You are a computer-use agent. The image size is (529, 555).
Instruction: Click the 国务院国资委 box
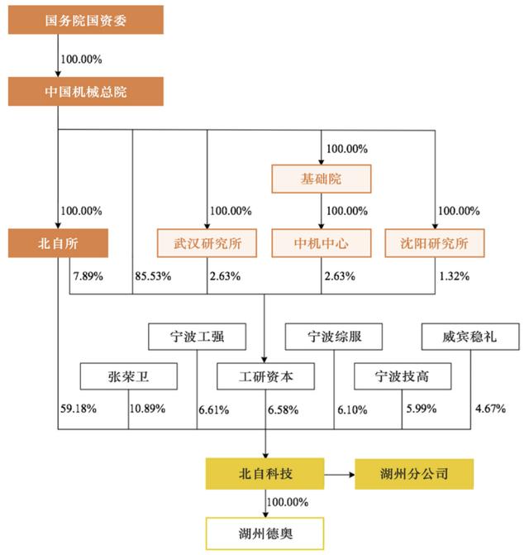point(86,20)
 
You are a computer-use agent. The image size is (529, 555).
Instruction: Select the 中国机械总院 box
point(86,92)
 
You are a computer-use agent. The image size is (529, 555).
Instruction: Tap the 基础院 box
point(322,179)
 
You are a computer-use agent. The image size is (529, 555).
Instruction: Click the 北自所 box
point(58,243)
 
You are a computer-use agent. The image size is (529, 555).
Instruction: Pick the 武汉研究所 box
point(207,243)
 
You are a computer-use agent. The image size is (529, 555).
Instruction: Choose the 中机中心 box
point(322,243)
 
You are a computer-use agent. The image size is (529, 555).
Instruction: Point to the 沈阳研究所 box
point(435,243)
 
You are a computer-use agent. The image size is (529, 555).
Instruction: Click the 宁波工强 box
point(197,337)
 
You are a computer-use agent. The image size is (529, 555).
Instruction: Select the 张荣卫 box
point(129,376)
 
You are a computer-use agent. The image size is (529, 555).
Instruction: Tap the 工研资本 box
point(265,376)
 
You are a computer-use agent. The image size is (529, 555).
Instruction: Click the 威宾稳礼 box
point(470,337)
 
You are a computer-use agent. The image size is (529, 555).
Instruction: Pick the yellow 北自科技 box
point(264,474)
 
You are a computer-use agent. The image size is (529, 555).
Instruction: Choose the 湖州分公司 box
point(414,474)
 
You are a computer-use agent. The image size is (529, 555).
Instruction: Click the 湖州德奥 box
point(264,533)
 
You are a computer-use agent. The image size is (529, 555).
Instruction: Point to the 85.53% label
point(153,276)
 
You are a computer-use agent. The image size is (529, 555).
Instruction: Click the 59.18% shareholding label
point(79,409)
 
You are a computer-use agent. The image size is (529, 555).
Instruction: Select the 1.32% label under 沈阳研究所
point(455,276)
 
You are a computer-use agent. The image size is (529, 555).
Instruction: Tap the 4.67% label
point(490,409)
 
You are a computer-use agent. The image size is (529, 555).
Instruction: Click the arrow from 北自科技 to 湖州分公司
point(340,475)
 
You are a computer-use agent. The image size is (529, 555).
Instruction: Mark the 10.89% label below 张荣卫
point(147,409)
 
